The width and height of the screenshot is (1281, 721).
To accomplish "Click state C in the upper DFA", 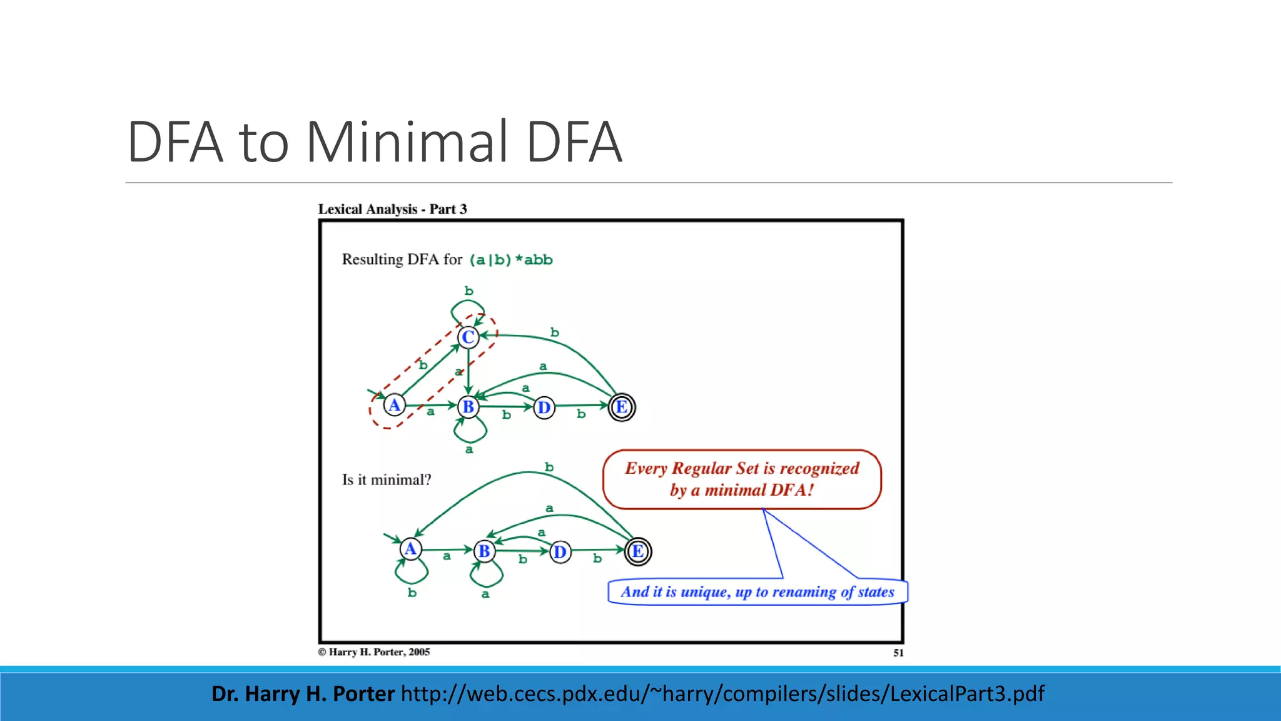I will (x=468, y=337).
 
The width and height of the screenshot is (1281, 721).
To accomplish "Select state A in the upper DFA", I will (x=394, y=406).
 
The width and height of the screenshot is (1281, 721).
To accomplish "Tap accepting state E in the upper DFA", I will (x=622, y=407).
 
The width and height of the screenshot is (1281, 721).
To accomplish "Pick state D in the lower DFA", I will (x=560, y=552).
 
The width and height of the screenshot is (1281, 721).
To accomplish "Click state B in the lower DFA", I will (x=484, y=551).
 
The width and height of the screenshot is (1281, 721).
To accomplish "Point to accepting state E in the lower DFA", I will (x=637, y=551).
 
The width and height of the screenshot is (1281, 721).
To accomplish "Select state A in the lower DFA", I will (x=410, y=549).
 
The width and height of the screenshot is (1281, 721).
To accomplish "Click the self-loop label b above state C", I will (x=468, y=291).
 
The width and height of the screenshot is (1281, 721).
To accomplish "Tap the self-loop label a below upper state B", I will (x=469, y=449).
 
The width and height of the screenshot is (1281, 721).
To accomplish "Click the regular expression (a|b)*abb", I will (x=511, y=260).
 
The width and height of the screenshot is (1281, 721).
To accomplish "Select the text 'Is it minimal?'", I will (x=387, y=480).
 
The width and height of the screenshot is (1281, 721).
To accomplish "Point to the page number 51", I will (x=898, y=653).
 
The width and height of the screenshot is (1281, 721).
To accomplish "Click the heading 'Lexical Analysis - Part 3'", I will (x=392, y=209).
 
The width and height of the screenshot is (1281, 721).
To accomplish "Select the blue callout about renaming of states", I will (x=757, y=592).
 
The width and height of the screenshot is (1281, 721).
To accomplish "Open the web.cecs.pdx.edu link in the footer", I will (x=722, y=693).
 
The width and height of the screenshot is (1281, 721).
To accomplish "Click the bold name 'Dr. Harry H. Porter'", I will (x=303, y=693).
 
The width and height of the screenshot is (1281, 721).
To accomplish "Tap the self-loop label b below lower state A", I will (x=412, y=592).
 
